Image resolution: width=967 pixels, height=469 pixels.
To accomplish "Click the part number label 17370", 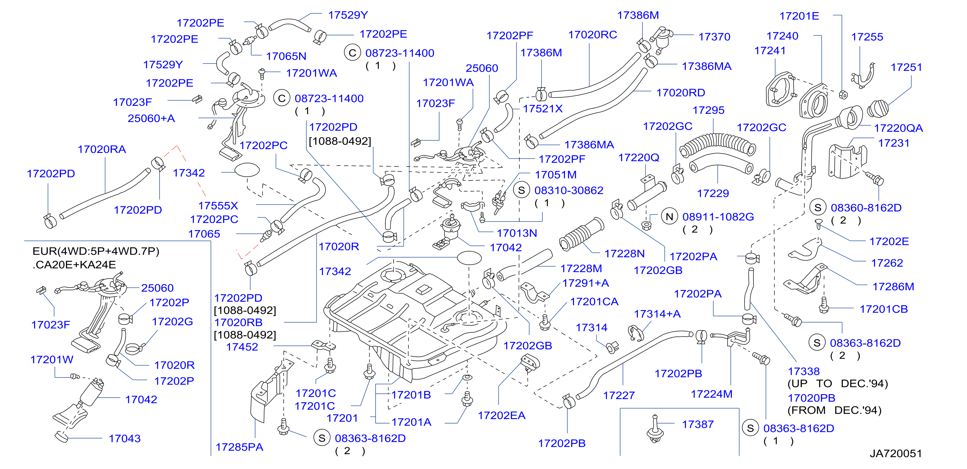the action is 714,37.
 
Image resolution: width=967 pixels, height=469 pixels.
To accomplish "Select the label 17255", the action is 867,37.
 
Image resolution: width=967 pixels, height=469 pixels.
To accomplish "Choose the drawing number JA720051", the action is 896,453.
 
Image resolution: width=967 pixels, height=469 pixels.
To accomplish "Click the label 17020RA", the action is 102,149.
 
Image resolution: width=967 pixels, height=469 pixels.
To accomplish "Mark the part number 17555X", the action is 218,206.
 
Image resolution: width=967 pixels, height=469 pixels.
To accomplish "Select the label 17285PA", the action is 239,447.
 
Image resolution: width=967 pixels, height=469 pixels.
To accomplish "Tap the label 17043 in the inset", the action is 125,438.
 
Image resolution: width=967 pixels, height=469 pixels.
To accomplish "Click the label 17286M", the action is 893,287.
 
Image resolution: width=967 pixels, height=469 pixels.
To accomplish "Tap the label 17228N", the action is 625,253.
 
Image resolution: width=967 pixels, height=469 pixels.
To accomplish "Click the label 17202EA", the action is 502,415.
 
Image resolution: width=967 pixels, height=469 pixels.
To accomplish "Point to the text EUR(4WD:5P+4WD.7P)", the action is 96,251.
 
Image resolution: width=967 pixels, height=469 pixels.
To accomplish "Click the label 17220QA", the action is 898,128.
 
